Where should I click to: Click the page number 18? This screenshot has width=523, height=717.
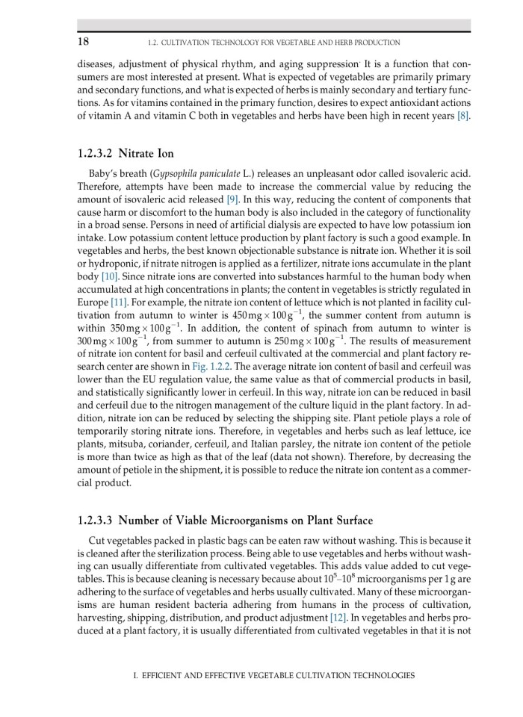(x=84, y=41)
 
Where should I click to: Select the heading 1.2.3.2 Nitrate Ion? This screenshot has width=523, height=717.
(x=126, y=155)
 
